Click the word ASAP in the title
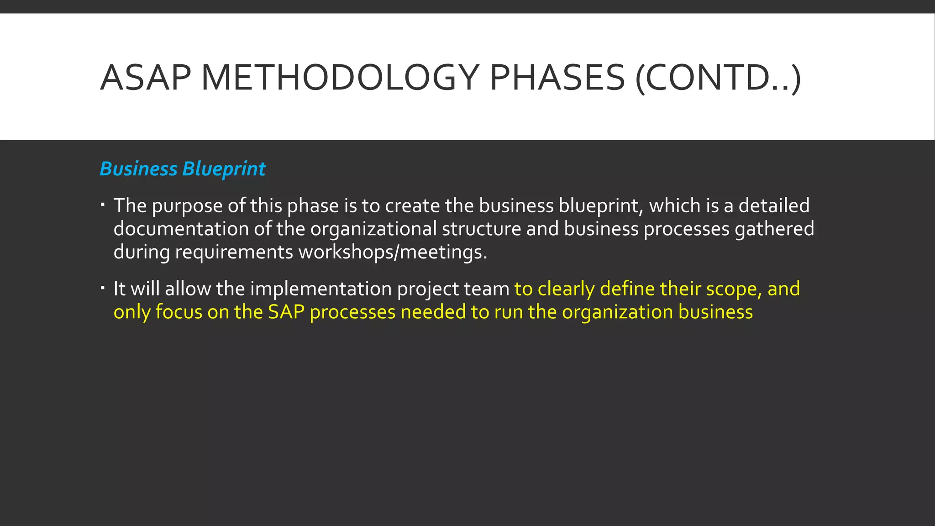(145, 78)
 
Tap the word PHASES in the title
(557, 78)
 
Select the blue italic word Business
(138, 169)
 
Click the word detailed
(774, 205)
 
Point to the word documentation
(181, 229)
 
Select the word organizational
(373, 229)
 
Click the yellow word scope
(734, 289)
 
